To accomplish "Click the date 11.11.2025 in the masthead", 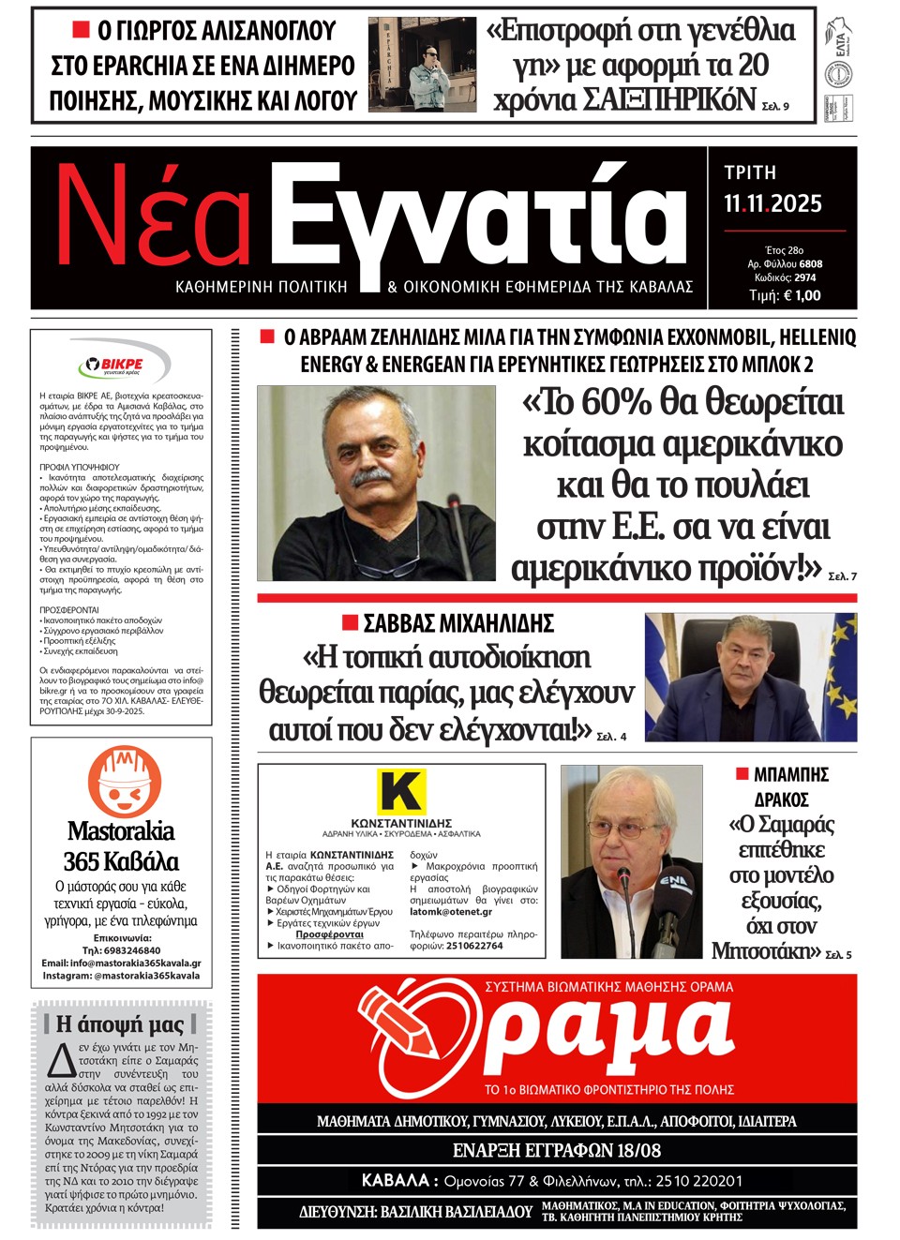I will click(x=772, y=204).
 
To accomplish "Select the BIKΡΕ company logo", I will click(x=122, y=364).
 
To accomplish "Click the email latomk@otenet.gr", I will click(x=451, y=911).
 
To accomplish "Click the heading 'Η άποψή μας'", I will click(x=120, y=1023).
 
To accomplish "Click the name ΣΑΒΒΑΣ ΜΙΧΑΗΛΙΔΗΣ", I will click(x=458, y=623).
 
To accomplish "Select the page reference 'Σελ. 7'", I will click(x=842, y=576).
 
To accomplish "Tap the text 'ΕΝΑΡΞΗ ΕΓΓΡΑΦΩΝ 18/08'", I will click(x=557, y=1150).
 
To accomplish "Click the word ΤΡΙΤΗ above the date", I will click(x=750, y=172).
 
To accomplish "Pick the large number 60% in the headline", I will click(x=616, y=402).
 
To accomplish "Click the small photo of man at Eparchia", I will click(x=422, y=65).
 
